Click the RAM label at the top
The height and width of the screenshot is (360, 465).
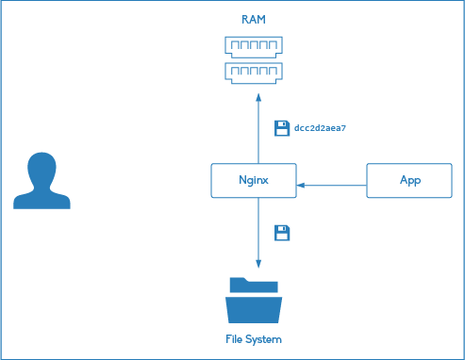coord(254,19)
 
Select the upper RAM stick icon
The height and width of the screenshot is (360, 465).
coord(254,45)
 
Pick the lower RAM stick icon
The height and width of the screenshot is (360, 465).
coord(254,71)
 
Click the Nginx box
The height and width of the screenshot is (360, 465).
coord(254,180)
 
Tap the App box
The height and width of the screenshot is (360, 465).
coord(410,180)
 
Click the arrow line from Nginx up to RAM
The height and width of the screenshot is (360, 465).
coord(257,132)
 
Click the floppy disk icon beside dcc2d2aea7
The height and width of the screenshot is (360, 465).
coord(281,127)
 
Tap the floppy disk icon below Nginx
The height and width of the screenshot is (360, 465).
coord(281,232)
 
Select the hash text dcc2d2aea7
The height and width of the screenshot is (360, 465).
coord(321,127)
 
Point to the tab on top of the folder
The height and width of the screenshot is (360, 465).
coord(241,282)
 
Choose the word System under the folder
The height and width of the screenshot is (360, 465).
coord(265,338)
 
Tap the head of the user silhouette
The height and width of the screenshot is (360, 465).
coord(42,170)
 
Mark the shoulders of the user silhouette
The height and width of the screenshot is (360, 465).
coord(42,199)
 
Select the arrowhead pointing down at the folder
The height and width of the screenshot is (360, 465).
coord(257,264)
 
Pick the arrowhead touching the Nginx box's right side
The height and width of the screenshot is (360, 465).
coord(302,186)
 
